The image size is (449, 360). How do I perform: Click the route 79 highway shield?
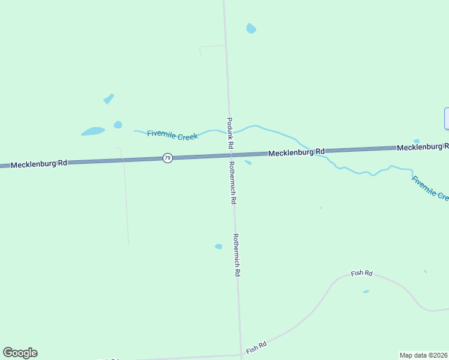point(167,158)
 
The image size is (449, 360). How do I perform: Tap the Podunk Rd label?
point(230,133)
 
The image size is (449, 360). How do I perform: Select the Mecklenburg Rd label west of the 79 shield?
point(38,164)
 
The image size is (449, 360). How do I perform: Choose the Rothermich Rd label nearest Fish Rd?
point(237,254)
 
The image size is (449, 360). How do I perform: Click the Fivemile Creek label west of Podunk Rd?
point(172,136)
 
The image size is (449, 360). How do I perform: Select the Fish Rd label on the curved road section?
point(362,273)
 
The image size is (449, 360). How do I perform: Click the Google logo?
point(20,353)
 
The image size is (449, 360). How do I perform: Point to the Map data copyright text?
point(423,355)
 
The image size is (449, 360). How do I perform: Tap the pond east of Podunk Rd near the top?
point(251,28)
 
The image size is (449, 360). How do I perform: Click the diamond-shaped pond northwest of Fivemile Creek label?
point(109,99)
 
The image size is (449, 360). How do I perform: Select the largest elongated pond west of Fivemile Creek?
point(93,131)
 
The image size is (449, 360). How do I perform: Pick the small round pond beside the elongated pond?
point(118,125)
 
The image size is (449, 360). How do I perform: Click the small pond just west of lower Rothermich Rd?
point(218,246)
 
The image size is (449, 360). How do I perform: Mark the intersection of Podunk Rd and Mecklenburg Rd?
point(231,156)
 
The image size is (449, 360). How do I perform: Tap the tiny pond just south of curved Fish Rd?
point(366,292)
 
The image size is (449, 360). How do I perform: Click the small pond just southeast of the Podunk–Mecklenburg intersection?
point(248,162)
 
